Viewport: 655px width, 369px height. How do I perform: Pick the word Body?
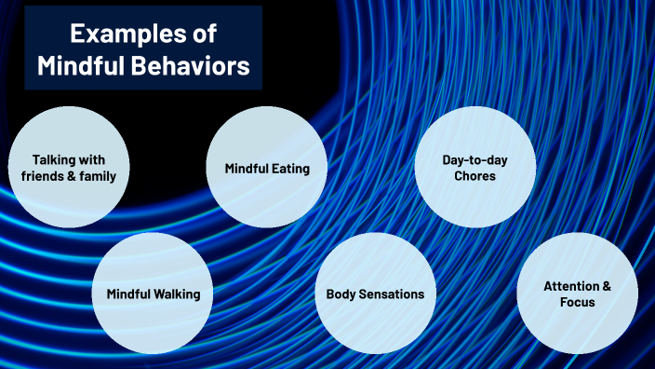pyautogui.click(x=341, y=294)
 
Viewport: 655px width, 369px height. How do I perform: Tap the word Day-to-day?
pyautogui.click(x=475, y=159)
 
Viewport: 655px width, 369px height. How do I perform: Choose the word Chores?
pyautogui.click(x=475, y=176)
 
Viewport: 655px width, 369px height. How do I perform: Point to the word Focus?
pyautogui.click(x=577, y=302)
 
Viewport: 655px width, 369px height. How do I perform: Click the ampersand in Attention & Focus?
pyautogui.click(x=607, y=285)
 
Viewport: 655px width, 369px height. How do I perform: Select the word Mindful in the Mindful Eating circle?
pyautogui.click(x=246, y=169)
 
